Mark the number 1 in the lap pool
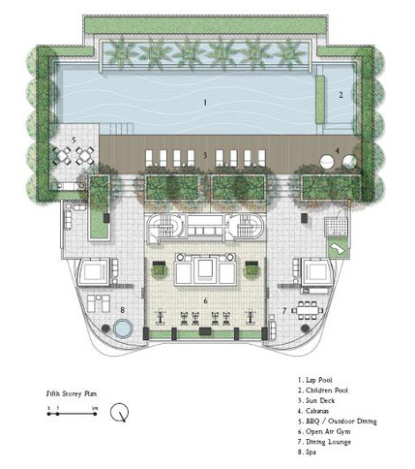(205, 101)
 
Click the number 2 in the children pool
(341, 95)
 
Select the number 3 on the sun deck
(204, 155)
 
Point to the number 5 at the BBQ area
(74, 140)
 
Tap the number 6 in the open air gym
(205, 301)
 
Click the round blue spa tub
(121, 329)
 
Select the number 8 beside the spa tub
(123, 310)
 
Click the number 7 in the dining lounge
(284, 310)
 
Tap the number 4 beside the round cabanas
(337, 150)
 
